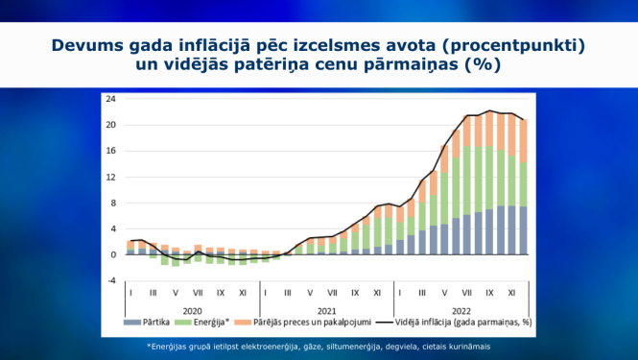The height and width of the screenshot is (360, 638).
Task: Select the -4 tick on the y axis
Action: pos(110,280)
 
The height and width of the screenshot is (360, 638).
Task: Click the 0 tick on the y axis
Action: pos(112,254)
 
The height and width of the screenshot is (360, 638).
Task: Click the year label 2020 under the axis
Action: pos(193,310)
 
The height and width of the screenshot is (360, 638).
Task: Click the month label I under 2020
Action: pos(130,292)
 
